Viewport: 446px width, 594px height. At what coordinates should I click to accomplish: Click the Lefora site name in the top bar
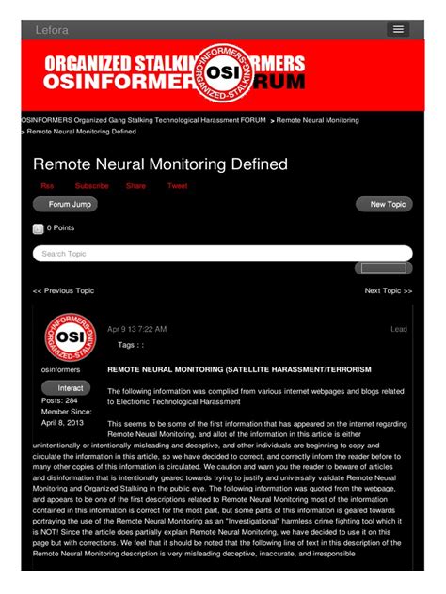click(52, 30)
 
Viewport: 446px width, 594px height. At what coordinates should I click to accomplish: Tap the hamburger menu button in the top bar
click(398, 30)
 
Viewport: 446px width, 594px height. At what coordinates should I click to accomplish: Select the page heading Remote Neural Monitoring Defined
click(160, 164)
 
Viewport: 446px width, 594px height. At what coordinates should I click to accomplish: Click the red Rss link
click(47, 186)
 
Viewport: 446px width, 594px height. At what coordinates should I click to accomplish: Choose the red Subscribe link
click(91, 186)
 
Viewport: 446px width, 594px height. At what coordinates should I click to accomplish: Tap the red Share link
click(135, 186)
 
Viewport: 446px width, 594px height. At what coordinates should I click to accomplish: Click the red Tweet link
click(177, 186)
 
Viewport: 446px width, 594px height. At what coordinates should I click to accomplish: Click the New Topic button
click(384, 204)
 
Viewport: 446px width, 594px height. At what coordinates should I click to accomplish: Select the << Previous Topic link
click(63, 291)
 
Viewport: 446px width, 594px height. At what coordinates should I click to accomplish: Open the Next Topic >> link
click(389, 291)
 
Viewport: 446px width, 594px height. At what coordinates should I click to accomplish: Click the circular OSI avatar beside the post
click(70, 336)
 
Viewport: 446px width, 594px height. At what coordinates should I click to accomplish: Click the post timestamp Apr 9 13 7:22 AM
click(136, 329)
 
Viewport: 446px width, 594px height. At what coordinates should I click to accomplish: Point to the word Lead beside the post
click(399, 329)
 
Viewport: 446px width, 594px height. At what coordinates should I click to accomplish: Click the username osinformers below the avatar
click(63, 369)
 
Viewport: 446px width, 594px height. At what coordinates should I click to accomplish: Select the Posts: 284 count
click(59, 401)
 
